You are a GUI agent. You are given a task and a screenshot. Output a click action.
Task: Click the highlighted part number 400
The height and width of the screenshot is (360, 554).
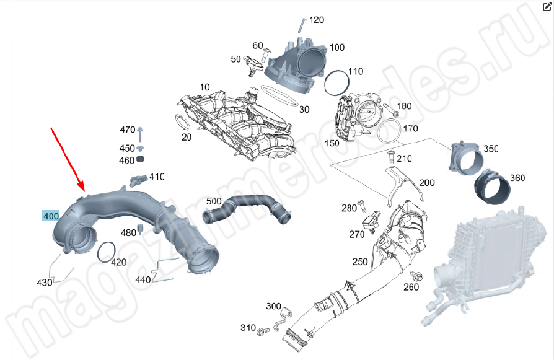pos(50,216)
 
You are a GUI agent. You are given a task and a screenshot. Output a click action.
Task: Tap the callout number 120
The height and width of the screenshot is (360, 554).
pos(316,20)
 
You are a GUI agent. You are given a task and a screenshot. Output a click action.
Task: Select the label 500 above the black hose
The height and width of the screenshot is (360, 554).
pos(213,201)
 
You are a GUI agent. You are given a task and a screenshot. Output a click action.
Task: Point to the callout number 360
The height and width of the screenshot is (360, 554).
pos(517,178)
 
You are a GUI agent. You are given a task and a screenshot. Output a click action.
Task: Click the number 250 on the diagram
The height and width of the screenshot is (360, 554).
pos(360,261)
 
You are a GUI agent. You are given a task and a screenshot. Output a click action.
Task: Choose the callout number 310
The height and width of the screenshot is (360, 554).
pos(248,327)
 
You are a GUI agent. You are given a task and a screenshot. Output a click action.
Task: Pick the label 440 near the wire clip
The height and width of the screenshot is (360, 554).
pos(143,279)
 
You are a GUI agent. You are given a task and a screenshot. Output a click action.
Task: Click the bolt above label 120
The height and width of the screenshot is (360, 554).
pos(301,25)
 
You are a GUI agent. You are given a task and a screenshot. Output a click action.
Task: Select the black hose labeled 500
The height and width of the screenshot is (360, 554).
pos(248,208)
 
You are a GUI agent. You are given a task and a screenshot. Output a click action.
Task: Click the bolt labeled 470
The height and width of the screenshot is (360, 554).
pos(141,134)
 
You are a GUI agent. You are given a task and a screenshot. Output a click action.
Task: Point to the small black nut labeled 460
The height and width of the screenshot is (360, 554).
pos(140,160)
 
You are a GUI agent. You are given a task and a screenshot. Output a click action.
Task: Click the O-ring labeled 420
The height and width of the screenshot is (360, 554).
pos(107,250)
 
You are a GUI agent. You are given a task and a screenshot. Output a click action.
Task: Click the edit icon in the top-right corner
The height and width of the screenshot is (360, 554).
pos(547,7)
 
